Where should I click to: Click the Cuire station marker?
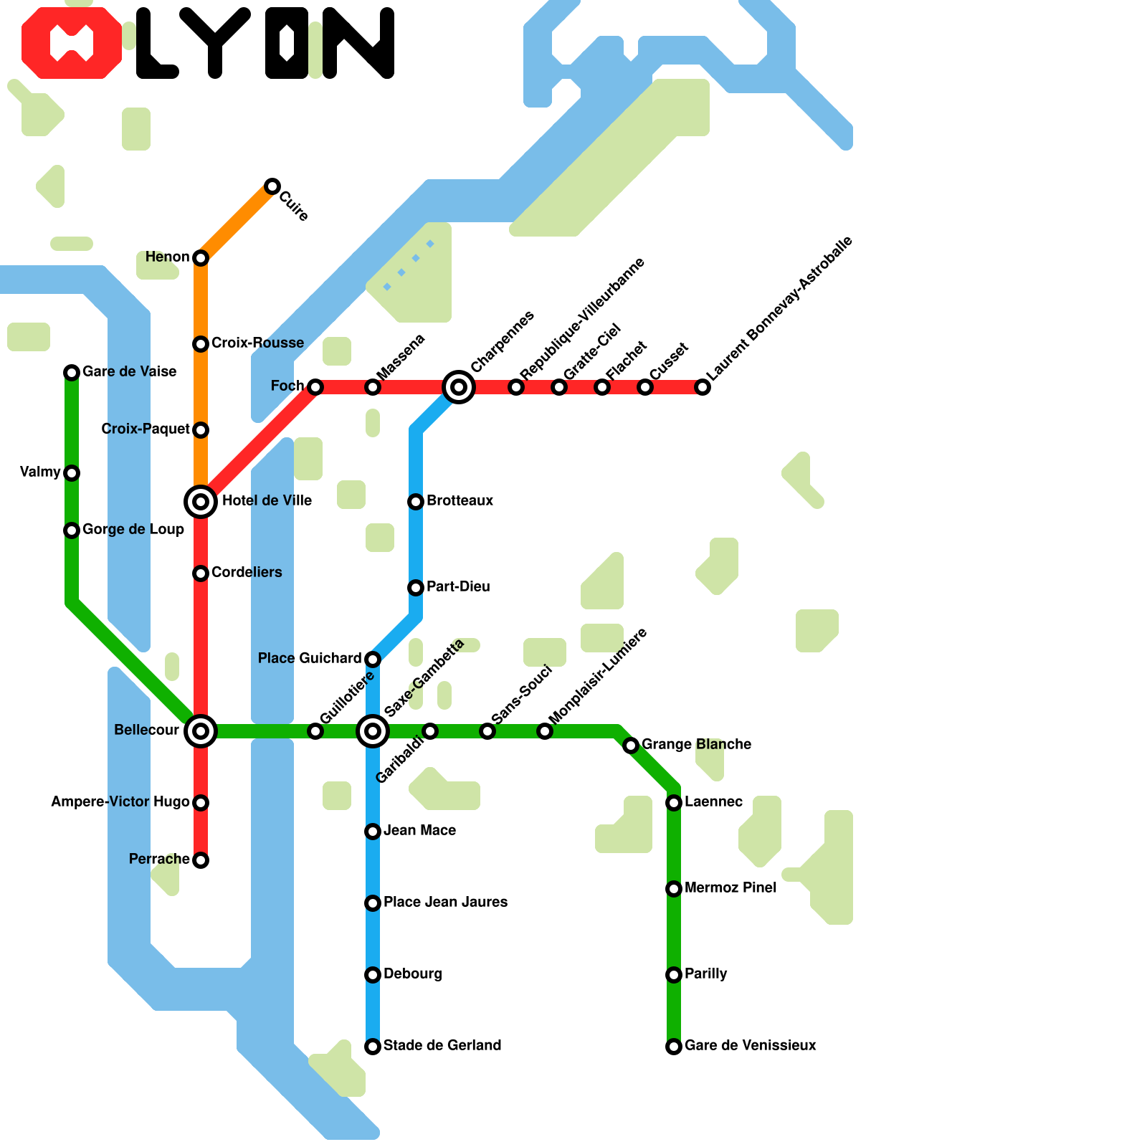click(272, 186)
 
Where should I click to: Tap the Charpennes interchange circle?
click(459, 387)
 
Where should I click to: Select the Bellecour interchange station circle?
click(201, 731)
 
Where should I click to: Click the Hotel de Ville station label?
click(267, 500)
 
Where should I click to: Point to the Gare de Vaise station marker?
click(72, 372)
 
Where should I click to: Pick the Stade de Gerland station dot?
click(373, 1047)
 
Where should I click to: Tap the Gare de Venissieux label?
click(750, 1045)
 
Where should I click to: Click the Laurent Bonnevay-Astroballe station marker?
click(703, 387)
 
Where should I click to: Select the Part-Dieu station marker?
click(416, 588)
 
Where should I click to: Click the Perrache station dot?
click(201, 860)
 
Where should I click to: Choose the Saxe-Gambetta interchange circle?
click(373, 731)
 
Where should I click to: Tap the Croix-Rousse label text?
click(257, 343)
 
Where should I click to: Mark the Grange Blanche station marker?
click(631, 746)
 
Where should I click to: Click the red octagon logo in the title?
click(72, 43)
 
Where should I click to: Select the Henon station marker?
click(201, 257)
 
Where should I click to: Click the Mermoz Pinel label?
click(730, 887)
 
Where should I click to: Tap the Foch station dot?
click(315, 387)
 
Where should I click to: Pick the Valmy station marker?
click(72, 473)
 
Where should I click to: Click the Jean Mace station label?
click(419, 830)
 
